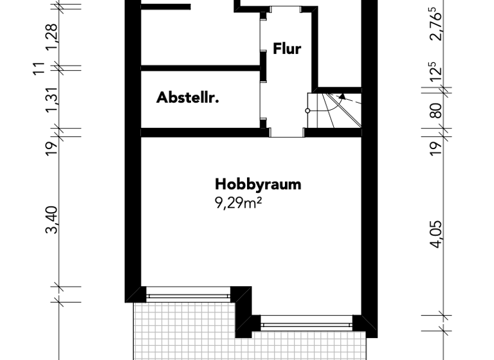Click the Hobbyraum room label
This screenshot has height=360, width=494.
[x=258, y=184]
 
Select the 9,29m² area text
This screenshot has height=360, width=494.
[x=241, y=203]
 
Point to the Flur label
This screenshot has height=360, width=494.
[x=287, y=49]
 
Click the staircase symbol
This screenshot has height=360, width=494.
[x=333, y=109]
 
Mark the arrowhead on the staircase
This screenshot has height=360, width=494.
[x=343, y=96]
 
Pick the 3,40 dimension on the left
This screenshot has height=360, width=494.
[x=53, y=220]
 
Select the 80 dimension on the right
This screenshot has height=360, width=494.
[x=437, y=110]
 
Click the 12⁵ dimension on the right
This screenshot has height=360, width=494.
[x=437, y=76]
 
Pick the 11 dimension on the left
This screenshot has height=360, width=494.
[x=40, y=67]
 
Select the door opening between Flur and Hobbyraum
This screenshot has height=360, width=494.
[x=286, y=133]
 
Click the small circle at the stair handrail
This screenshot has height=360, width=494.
[x=307, y=111]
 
